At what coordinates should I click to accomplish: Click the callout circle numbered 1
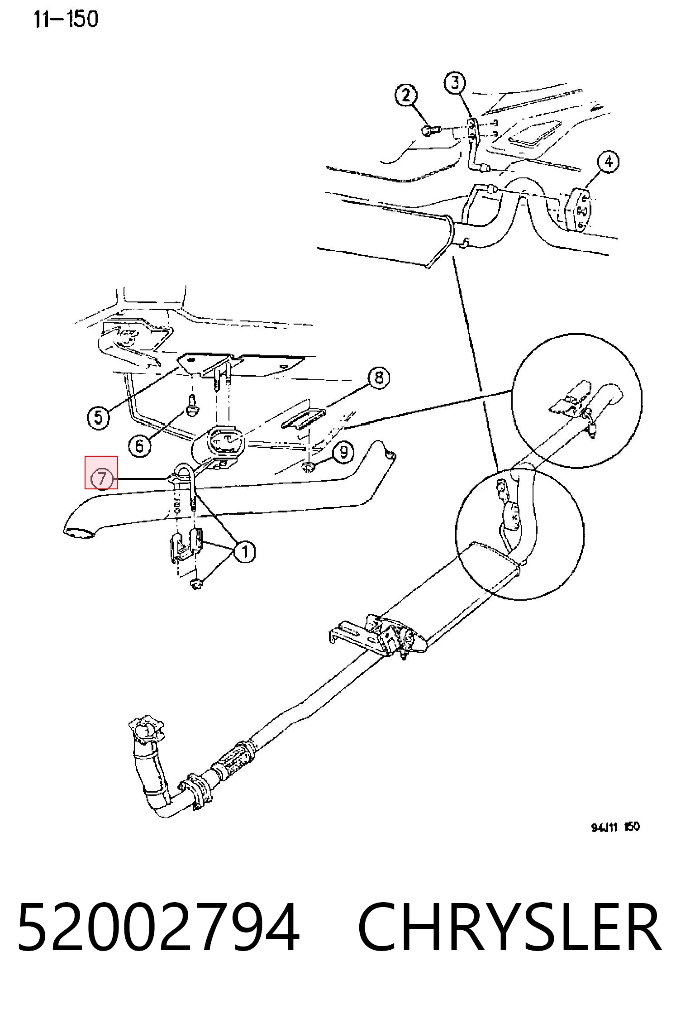(x=245, y=552)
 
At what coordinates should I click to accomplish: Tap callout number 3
(x=455, y=83)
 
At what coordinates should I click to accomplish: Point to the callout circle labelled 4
(x=609, y=162)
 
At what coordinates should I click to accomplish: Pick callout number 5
(x=99, y=417)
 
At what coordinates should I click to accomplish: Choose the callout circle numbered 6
(x=139, y=445)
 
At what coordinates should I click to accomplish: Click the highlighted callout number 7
(x=101, y=478)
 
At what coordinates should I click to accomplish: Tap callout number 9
(x=344, y=452)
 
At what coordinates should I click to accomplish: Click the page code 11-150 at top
(x=66, y=20)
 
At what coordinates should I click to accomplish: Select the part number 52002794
(x=159, y=928)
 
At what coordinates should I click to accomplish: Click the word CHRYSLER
(x=509, y=928)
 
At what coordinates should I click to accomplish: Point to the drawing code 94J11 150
(x=615, y=827)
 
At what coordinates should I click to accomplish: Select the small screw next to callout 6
(x=192, y=405)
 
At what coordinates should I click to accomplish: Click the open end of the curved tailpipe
(x=80, y=534)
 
